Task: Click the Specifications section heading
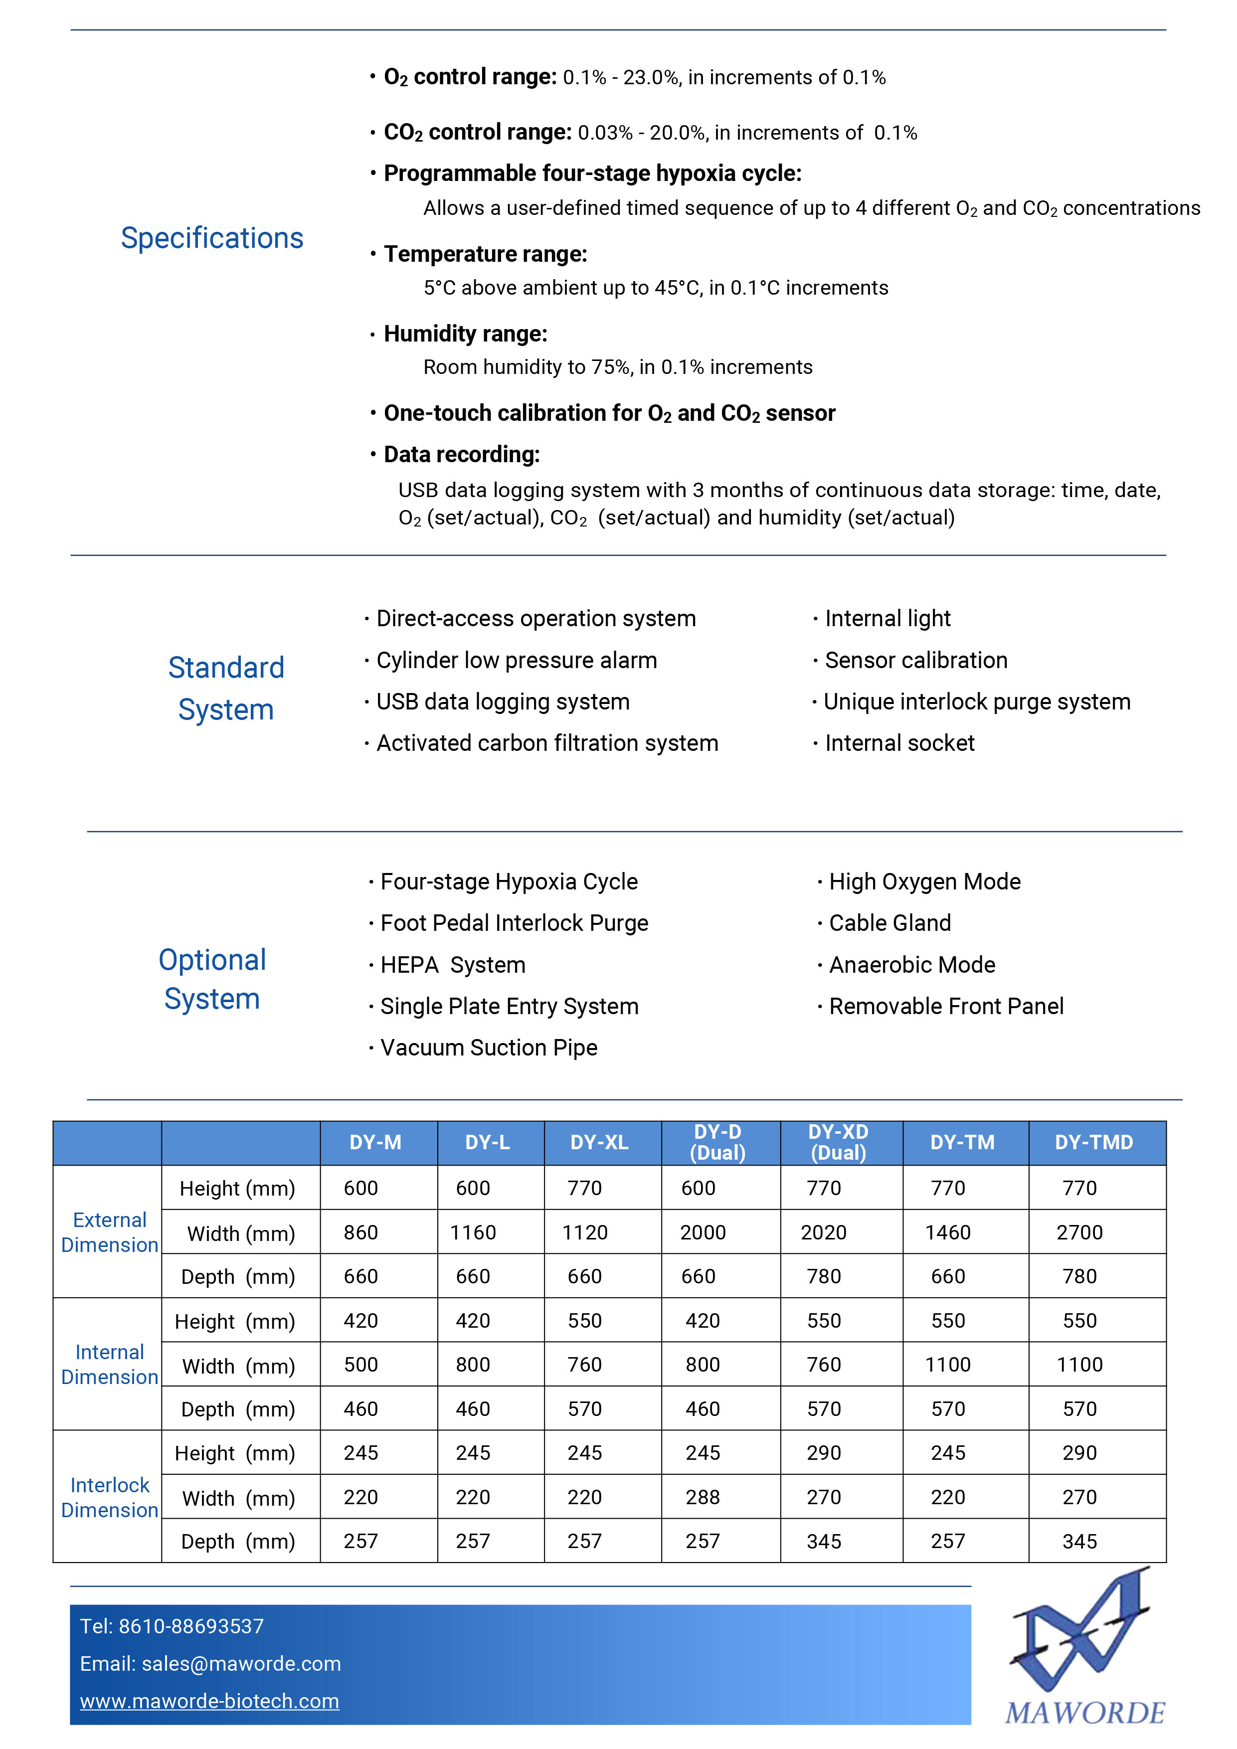pos(212,238)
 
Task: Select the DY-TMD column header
pos(1094,1143)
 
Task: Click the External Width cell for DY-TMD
pos(1079,1232)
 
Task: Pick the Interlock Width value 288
pos(703,1498)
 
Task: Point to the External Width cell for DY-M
pos(360,1232)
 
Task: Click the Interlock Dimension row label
pos(110,1498)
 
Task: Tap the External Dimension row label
pos(110,1232)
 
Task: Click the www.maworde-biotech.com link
pos(209,1701)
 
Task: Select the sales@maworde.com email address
pos(241,1664)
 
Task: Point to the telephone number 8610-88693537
pos(191,1626)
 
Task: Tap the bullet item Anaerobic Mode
pos(912,965)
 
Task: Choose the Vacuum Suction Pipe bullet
pos(488,1048)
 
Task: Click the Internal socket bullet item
pos(899,743)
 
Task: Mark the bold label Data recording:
pos(462,455)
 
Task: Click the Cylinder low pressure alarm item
pos(517,661)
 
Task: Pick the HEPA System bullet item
pos(452,965)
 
